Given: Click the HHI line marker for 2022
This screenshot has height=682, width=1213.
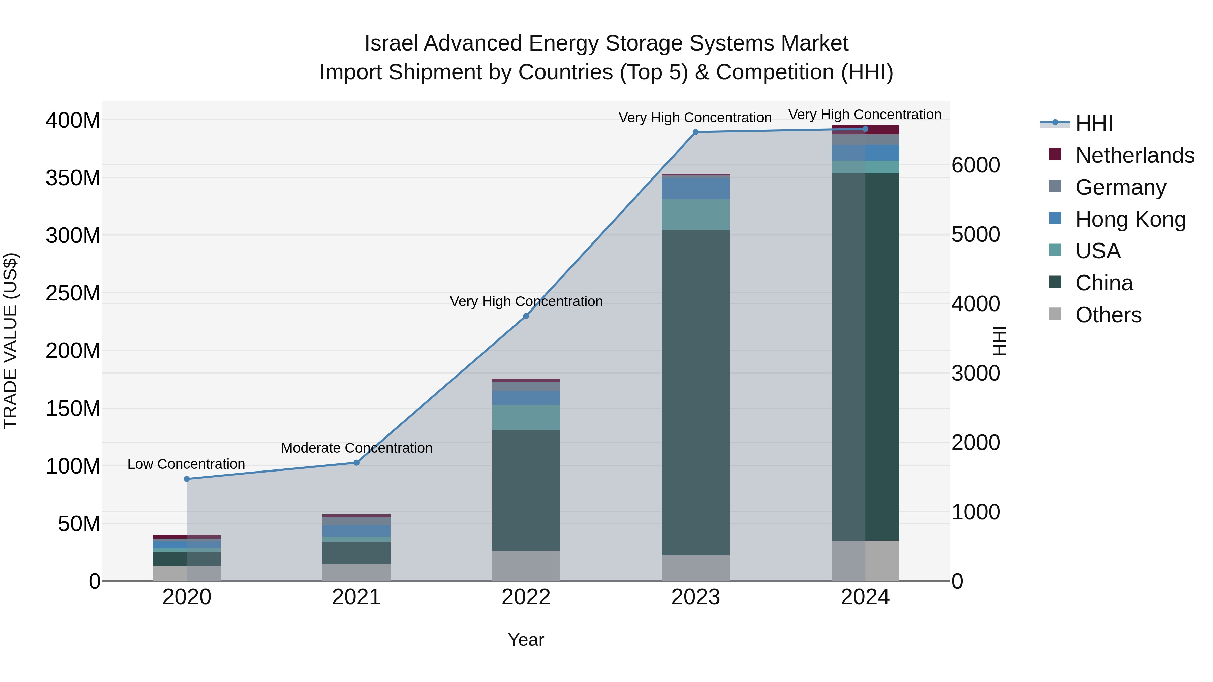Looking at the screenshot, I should click(526, 316).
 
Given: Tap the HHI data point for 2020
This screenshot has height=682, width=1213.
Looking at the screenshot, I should click(187, 479).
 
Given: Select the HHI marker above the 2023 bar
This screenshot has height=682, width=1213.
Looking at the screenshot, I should click(695, 132).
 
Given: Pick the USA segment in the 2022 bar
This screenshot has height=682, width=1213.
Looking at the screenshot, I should click(526, 417).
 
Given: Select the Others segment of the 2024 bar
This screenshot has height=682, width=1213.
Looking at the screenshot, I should click(865, 560).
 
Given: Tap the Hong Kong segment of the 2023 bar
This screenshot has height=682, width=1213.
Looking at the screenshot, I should click(695, 188).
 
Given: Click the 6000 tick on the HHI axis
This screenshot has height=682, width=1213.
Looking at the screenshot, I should click(975, 165).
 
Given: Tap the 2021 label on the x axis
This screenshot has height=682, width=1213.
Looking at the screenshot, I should click(356, 597).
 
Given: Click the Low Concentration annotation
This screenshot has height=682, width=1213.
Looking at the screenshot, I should click(186, 464).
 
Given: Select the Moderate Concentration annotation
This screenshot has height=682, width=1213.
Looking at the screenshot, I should click(356, 448).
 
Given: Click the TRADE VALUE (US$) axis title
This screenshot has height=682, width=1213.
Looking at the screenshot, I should click(10, 341).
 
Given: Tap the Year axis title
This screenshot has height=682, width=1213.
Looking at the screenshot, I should click(526, 640).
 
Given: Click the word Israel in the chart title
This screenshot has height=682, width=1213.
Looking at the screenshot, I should click(391, 43).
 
